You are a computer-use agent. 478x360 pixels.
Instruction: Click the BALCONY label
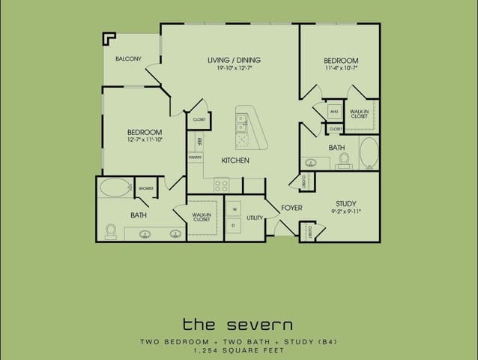point(128,58)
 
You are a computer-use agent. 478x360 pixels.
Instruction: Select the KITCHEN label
point(235,160)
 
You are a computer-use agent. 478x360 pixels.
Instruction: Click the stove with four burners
point(222,184)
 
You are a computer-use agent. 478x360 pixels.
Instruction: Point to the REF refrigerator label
point(199,141)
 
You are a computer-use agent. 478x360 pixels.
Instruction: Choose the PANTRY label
point(195,157)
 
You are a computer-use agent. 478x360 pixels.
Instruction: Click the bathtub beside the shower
point(115,187)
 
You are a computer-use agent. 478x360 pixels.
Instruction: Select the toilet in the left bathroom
point(111,230)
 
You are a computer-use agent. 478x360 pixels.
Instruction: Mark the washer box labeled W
point(234,208)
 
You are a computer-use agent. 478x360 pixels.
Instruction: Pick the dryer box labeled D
point(234,224)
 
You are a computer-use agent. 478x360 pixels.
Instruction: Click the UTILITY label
point(255,218)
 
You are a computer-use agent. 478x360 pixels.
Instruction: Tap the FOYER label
point(291,208)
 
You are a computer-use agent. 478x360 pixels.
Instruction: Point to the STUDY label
point(346,203)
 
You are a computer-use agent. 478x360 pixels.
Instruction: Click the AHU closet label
point(334,112)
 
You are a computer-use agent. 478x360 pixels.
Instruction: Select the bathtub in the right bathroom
point(369,152)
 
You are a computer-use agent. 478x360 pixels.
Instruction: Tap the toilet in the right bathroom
point(344,159)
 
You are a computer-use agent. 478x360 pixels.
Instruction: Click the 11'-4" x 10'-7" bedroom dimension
point(341,69)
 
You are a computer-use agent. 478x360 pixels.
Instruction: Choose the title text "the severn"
point(238,324)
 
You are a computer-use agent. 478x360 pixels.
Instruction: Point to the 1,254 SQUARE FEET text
point(238,350)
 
